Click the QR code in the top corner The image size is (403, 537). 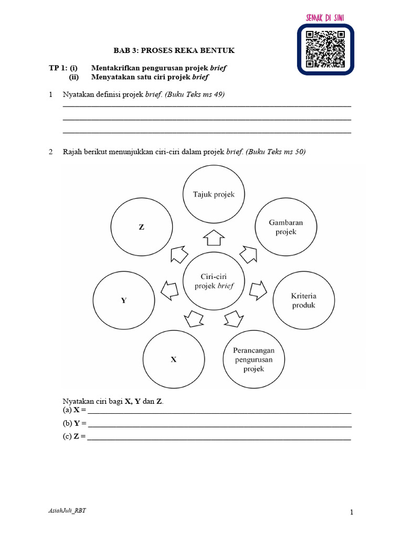pyautogui.click(x=325, y=49)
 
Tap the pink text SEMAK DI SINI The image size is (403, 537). pyautogui.click(x=325, y=18)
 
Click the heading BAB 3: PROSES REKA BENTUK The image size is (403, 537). pyautogui.click(x=174, y=50)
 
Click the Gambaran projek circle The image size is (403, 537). pyautogui.click(x=285, y=227)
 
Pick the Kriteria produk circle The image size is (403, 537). pyautogui.click(x=303, y=300)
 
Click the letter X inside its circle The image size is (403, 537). pyautogui.click(x=174, y=360)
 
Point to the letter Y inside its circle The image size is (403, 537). pyautogui.click(x=124, y=301)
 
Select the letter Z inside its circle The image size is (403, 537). pyautogui.click(x=141, y=228)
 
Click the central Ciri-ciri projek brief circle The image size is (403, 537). pyautogui.click(x=214, y=281)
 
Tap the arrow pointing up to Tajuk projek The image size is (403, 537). pyautogui.click(x=213, y=238)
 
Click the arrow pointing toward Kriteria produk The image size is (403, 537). pyautogui.click(x=258, y=289)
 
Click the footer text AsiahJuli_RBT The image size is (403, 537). pyautogui.click(x=67, y=512)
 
